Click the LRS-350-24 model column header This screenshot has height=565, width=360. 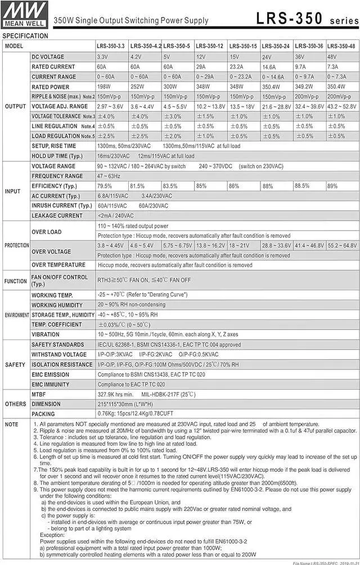(276, 46)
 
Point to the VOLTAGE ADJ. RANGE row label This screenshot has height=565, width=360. (60, 106)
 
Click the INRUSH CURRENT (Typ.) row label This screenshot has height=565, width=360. (61, 206)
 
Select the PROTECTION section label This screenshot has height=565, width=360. (16, 246)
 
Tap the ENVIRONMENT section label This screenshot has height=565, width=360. (16, 315)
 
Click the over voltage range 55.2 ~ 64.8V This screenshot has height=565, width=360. (342, 246)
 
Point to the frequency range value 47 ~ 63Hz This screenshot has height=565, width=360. (109, 176)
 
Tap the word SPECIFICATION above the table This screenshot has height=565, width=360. (25, 36)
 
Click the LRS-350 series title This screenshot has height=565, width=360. (306, 19)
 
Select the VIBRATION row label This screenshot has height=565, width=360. (46, 335)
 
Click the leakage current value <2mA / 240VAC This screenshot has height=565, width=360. (116, 216)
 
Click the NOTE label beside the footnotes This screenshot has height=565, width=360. (11, 424)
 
